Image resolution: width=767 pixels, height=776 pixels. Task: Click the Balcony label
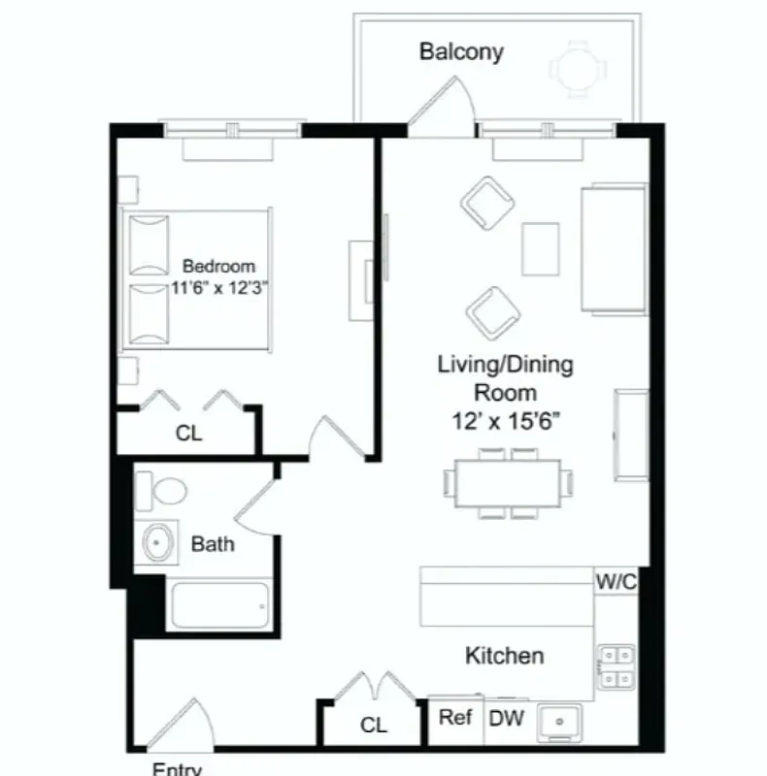coord(461,51)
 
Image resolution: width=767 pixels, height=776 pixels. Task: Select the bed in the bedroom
coord(195,279)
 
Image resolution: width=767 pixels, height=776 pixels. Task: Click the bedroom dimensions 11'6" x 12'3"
coord(219,287)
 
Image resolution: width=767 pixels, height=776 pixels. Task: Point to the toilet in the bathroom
coord(159,489)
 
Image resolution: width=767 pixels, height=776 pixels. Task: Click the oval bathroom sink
coord(157,543)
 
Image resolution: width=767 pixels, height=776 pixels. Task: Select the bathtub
coord(219,606)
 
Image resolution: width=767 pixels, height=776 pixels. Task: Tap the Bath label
coord(213,544)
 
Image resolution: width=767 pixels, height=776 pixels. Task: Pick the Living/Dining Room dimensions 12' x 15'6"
coord(505,422)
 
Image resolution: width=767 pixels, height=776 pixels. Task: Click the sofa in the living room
coord(613,248)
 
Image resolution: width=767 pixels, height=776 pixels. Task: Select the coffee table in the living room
coord(540,249)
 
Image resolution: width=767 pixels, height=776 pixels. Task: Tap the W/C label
coord(616,582)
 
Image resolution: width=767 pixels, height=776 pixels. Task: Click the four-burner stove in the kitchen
coord(615,666)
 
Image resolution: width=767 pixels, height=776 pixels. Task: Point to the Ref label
coord(455,719)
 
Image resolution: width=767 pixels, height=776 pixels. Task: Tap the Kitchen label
coord(505,657)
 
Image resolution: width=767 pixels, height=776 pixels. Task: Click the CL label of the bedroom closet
coord(189,434)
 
